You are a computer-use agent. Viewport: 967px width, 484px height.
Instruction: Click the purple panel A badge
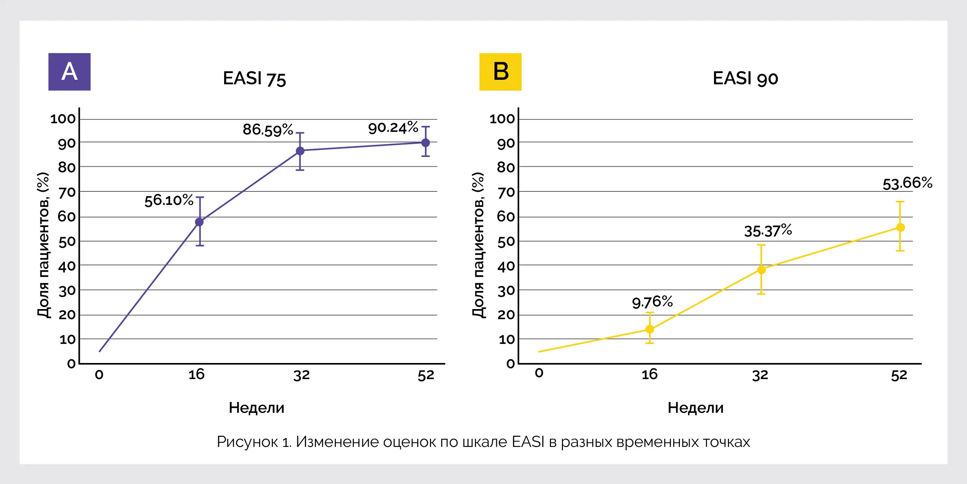point(69,72)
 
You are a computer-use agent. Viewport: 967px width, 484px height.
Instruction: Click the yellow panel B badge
point(500,72)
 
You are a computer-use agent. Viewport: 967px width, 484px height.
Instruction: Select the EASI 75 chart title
point(254,79)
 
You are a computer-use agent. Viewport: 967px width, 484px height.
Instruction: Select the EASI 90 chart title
point(745,79)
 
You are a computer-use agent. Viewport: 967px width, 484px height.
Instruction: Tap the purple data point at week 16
point(199,222)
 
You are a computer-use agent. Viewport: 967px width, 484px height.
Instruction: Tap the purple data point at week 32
point(300,151)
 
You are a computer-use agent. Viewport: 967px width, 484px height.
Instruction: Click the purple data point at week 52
point(425,143)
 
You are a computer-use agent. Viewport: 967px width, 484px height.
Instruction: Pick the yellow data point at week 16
point(650,329)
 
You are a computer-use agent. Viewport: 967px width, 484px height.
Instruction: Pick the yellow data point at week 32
point(761,270)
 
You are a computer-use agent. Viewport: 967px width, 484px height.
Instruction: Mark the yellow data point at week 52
point(900,227)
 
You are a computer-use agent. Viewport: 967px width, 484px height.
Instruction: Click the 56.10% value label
point(169,200)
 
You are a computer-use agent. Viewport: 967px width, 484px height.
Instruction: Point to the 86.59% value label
point(268,130)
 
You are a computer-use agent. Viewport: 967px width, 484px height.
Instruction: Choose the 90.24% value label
point(393,128)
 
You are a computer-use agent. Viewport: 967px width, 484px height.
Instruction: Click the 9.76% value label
point(652,302)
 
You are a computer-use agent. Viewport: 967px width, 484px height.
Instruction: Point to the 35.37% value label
point(768,231)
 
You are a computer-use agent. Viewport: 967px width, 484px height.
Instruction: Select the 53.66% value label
point(907,184)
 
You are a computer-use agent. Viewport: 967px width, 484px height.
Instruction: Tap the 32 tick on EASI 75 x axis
point(301,375)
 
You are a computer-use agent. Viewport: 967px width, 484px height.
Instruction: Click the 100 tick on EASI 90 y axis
point(502,119)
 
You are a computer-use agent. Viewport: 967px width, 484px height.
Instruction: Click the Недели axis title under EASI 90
point(695,408)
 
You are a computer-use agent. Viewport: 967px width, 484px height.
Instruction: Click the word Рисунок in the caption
point(247,442)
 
